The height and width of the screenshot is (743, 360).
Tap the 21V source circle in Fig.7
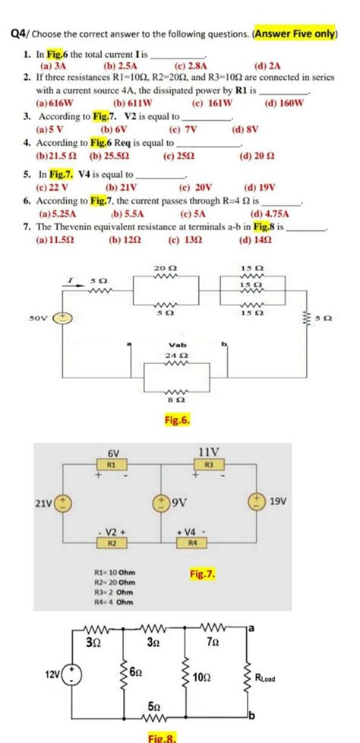coord(62,503)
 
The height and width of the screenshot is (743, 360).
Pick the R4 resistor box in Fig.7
coord(192,543)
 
